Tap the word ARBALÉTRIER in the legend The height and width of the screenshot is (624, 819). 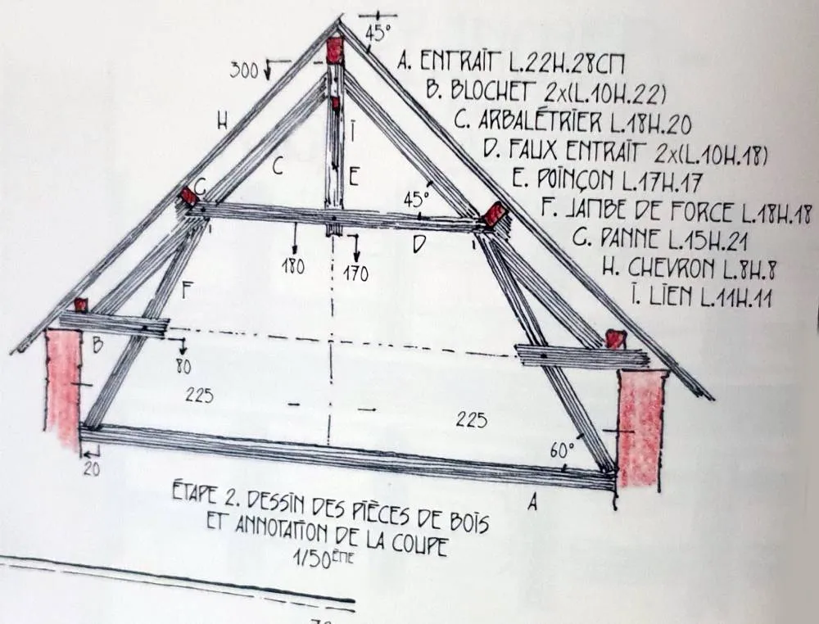pos(540,122)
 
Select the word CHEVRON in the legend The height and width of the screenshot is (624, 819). pos(671,268)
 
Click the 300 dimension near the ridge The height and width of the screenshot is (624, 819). pos(244,70)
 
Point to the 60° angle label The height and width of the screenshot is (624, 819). pos(562,450)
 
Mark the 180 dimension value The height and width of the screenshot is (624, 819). pos(293,266)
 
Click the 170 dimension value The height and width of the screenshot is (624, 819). pos(355,274)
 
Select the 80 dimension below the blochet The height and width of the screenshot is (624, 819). pos(183,367)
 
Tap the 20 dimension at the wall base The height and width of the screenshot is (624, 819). pos(92,469)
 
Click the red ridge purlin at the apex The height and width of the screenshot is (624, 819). pos(334,50)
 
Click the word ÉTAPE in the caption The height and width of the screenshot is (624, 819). pos(193,493)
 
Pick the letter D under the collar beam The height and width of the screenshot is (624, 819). pos(419,243)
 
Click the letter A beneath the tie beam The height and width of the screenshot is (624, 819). pos(532,503)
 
